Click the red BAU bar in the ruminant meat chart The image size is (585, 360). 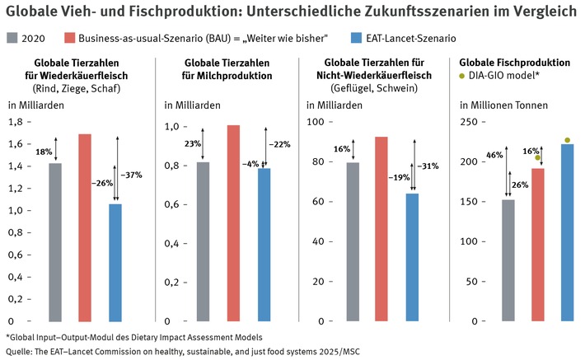coord(85,227)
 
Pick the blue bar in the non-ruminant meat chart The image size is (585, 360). coord(412,256)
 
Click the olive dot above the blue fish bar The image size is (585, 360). coord(567,140)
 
